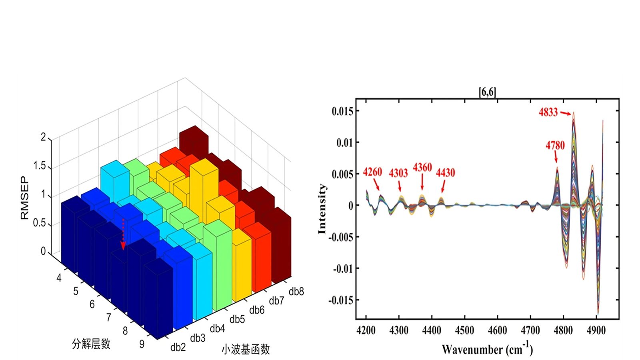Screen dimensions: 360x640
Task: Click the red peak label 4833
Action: tap(548, 112)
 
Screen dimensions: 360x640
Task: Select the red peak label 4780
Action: tap(555, 145)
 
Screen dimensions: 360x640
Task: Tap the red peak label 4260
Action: tap(372, 172)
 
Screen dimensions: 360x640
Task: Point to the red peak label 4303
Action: tap(398, 173)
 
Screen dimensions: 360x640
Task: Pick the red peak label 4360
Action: tap(422, 167)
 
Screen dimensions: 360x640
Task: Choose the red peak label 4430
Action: tap(446, 173)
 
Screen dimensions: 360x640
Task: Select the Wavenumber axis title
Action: tap(487, 349)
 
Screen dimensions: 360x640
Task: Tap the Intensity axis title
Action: tap(322, 209)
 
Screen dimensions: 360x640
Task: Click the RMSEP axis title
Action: tap(25, 198)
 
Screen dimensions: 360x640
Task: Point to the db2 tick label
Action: tap(178, 347)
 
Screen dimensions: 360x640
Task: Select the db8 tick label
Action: tap(296, 292)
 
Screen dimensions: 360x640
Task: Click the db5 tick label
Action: tap(237, 319)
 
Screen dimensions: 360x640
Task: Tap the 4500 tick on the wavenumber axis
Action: tap(464, 330)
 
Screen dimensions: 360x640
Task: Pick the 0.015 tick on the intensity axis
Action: tap(342, 111)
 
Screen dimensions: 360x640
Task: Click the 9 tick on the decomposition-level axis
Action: tap(142, 344)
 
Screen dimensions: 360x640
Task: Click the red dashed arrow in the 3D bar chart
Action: tap(123, 234)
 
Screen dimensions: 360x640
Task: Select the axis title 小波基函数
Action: tap(246, 349)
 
